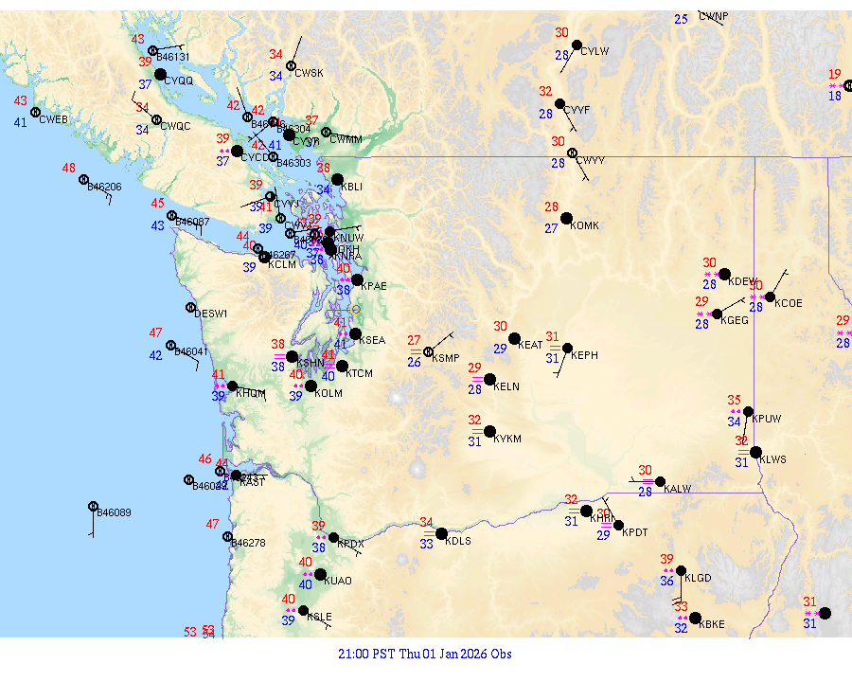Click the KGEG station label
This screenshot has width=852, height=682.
[735, 321]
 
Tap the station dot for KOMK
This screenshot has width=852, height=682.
[566, 218]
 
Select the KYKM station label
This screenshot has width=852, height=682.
[508, 440]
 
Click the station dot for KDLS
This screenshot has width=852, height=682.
[441, 533]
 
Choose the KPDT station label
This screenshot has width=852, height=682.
[635, 532]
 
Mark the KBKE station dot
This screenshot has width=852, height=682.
[694, 618]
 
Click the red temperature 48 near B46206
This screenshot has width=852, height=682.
[69, 168]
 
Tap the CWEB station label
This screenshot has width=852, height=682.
[54, 119]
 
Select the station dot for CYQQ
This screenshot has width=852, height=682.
[161, 74]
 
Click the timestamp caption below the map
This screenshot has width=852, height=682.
[425, 654]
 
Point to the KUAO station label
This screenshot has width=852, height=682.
[338, 582]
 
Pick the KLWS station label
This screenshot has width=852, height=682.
[773, 459]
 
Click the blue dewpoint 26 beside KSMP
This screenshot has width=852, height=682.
[414, 362]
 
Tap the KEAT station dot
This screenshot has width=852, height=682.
[514, 338]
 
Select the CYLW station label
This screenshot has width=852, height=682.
[595, 51]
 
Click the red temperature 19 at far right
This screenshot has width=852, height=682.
[834, 74]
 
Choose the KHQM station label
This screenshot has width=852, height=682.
[251, 393]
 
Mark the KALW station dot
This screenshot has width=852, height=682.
[660, 481]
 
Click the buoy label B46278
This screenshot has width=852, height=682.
[248, 544]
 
